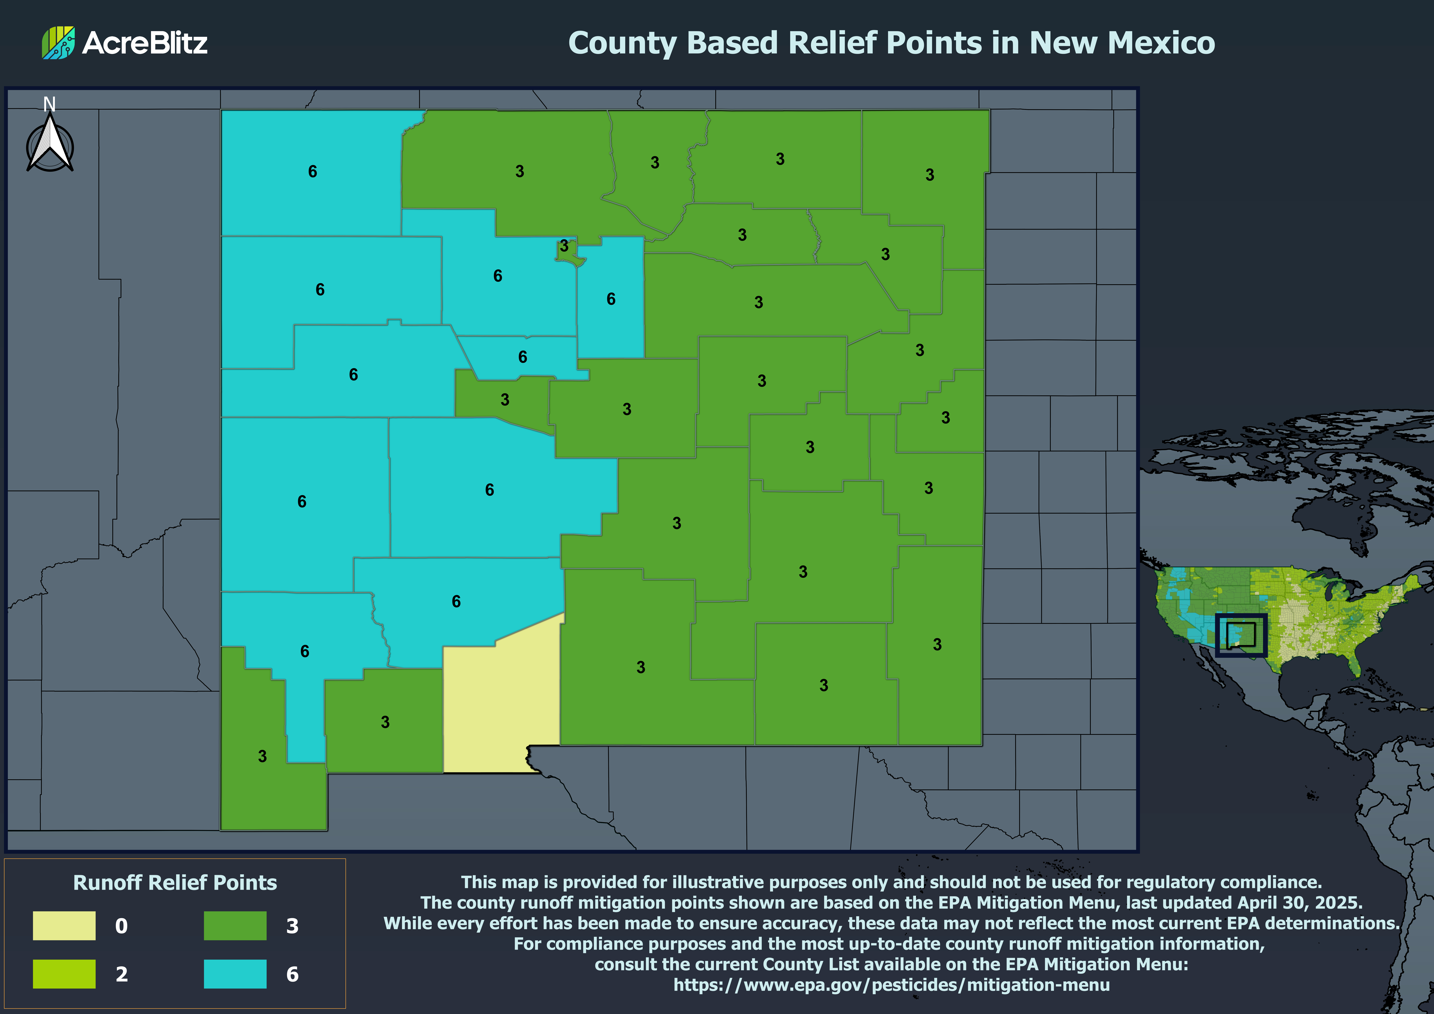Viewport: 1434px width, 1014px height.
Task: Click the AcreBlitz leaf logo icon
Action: [x=58, y=42]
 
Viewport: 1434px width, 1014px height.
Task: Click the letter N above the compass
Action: [x=49, y=104]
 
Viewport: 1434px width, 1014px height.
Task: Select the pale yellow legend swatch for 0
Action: [x=64, y=925]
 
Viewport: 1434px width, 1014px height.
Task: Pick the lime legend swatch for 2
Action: [x=64, y=973]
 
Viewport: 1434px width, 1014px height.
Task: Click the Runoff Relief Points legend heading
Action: [x=175, y=882]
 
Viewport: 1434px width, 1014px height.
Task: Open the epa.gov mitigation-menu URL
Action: [x=891, y=985]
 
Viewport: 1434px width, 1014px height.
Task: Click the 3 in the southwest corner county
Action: [x=262, y=756]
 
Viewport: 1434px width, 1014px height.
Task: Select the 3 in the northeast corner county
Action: [x=929, y=175]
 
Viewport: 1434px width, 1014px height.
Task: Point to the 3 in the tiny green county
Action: [x=564, y=246]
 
